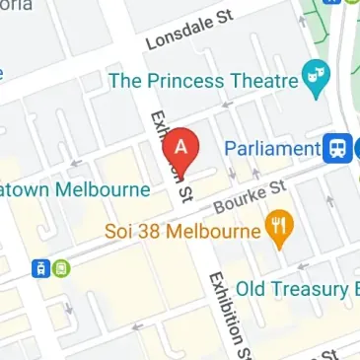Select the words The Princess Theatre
204,81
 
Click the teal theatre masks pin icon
316,81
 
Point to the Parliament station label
271,149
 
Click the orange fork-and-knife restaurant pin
280,231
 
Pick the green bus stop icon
61,267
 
